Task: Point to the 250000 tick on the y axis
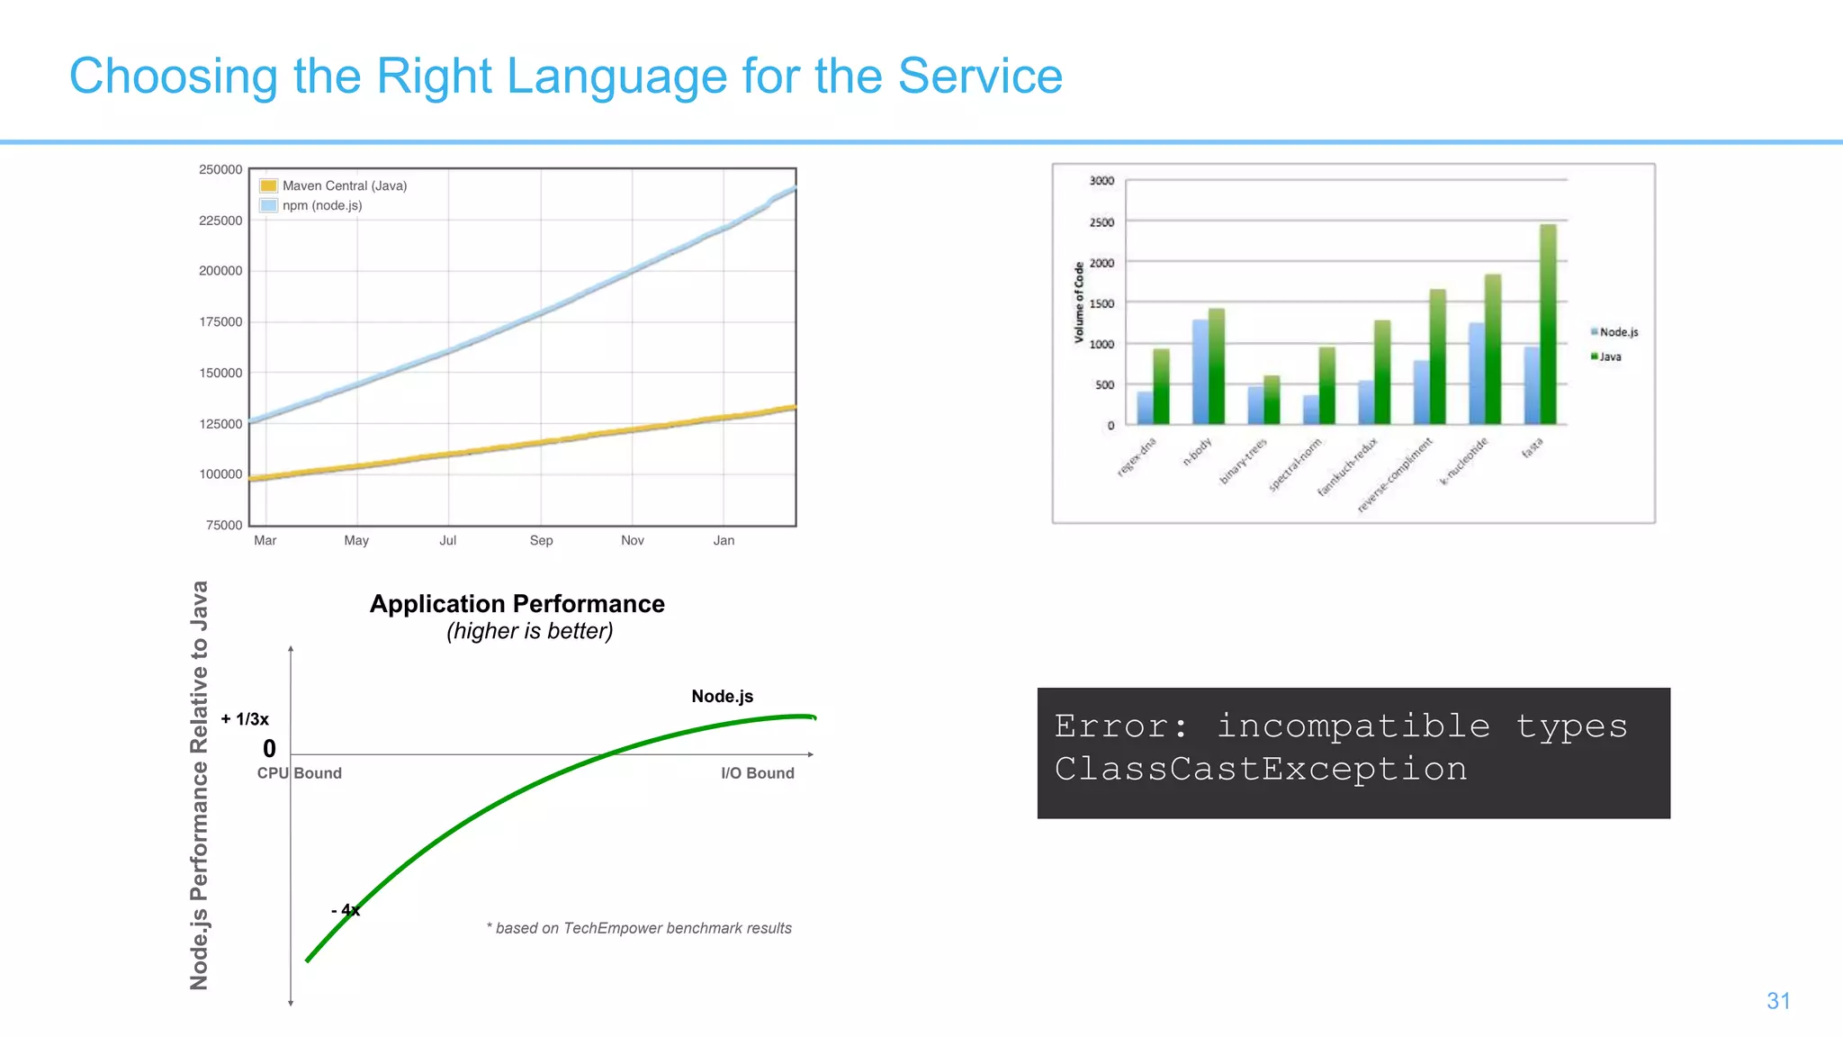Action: [x=220, y=169]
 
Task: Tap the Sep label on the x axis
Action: [x=541, y=540]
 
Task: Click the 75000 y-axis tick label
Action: [x=224, y=525]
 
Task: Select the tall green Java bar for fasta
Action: [x=1548, y=324]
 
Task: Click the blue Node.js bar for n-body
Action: [x=1200, y=371]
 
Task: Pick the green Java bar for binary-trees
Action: [x=1271, y=400]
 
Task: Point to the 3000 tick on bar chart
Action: [x=1101, y=181]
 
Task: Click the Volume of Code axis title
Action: [x=1079, y=302]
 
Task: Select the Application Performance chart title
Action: [x=517, y=604]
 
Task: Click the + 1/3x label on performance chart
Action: [x=245, y=719]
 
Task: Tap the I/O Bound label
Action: [x=757, y=773]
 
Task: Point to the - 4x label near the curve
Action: [x=346, y=910]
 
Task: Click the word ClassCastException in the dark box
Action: [x=1260, y=769]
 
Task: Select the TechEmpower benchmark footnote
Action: [x=639, y=928]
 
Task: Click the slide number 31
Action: [x=1778, y=1001]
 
